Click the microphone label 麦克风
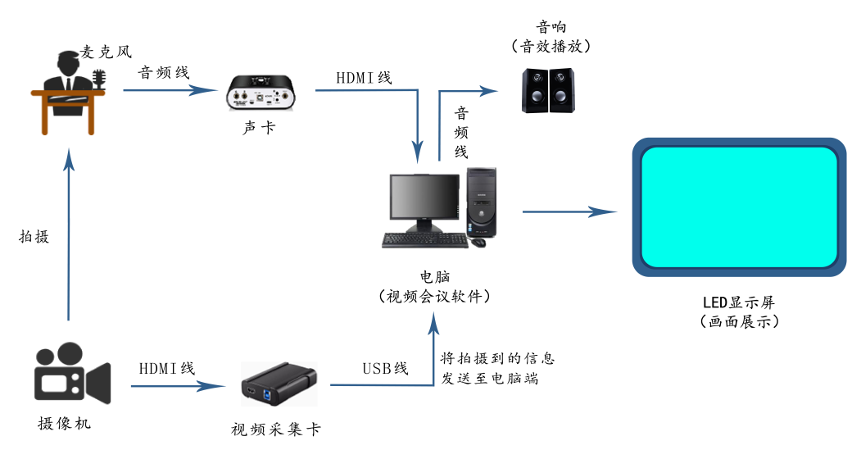tap(106, 52)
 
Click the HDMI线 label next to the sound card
tap(363, 78)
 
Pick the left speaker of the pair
tap(535, 90)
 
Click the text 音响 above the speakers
tap(551, 28)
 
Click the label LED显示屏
tap(739, 302)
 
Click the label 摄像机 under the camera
tap(65, 424)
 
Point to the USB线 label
tap(385, 368)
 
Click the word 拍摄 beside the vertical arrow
tap(34, 237)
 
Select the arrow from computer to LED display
tap(569, 212)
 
